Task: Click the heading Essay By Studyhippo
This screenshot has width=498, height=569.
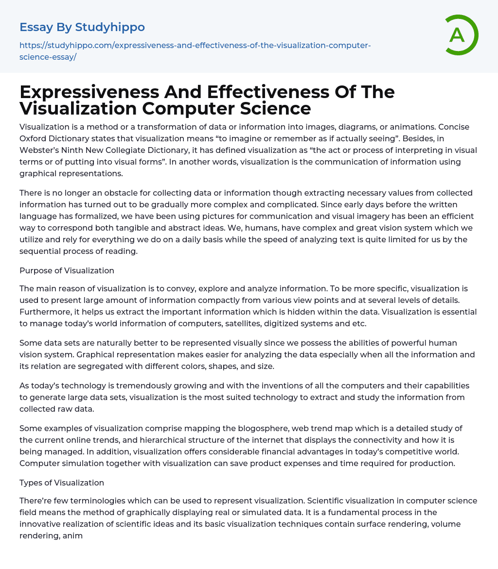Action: click(x=82, y=27)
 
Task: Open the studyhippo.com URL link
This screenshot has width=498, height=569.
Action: click(x=195, y=46)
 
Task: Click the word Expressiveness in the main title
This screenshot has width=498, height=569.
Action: click(x=89, y=92)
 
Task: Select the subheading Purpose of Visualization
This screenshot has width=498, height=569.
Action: click(x=67, y=270)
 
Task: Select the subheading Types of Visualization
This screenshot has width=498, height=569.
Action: click(x=62, y=483)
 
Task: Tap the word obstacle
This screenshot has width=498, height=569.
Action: click(x=112, y=193)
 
